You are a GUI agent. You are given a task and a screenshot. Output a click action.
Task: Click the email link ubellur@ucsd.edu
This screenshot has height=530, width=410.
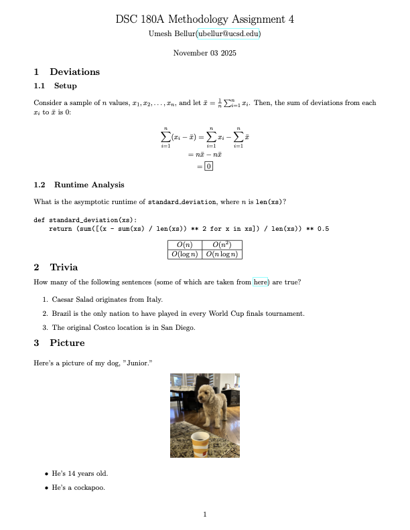228,33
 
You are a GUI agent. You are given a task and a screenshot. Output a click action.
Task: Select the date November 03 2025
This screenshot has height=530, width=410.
204,53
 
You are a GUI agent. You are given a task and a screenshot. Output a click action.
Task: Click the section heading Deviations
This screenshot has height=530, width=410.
74,72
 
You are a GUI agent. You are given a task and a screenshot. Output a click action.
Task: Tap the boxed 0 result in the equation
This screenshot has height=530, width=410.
209,166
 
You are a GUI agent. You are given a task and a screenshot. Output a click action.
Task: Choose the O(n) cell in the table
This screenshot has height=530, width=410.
184,244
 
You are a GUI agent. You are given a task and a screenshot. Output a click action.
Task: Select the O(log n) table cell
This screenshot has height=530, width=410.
184,254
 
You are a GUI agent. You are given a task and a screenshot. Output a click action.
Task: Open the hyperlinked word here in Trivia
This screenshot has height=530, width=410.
260,282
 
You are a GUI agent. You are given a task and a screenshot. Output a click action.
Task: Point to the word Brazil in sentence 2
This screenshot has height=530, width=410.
62,313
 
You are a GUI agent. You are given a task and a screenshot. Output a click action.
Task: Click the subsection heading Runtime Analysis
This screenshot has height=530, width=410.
89,185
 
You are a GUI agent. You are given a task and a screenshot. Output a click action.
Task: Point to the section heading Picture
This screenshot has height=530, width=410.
67,343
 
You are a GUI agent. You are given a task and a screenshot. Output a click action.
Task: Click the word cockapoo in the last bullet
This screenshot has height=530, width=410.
90,487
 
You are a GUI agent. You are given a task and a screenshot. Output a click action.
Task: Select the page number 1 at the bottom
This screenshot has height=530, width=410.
205,514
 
